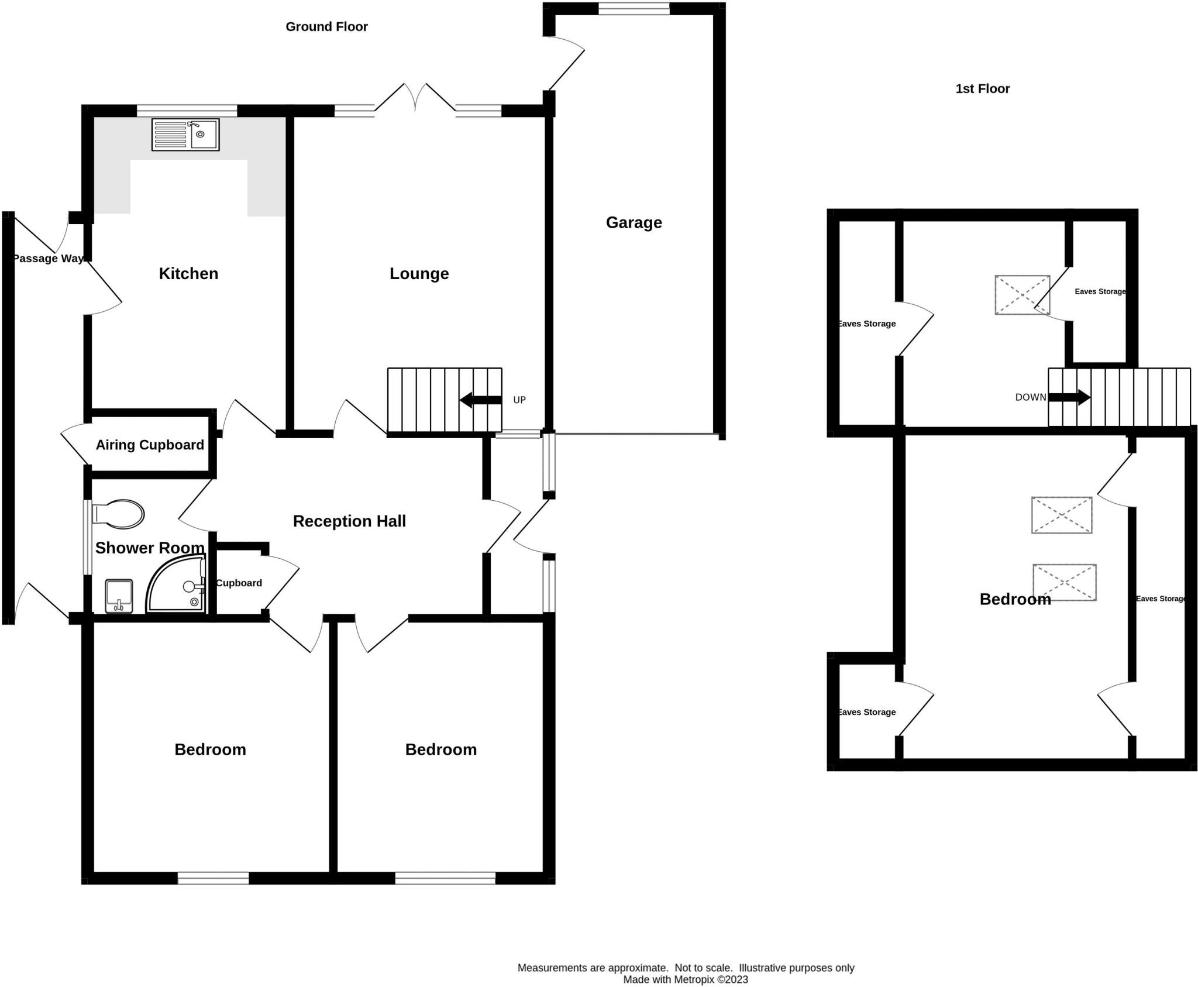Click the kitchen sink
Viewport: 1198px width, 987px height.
[x=185, y=135]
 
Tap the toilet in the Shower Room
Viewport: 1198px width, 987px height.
[x=118, y=514]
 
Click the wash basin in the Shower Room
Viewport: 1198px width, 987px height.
[x=119, y=596]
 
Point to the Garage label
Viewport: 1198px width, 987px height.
[x=634, y=222]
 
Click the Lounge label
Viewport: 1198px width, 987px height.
[x=419, y=273]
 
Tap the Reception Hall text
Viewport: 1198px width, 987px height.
[x=349, y=521]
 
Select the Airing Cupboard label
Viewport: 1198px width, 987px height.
[x=150, y=445]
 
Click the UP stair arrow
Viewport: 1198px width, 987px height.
[x=481, y=401]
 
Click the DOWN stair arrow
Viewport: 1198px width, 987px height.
[x=1069, y=398]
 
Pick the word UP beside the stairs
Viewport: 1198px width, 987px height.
[x=519, y=400]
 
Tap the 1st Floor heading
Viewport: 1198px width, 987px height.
[x=982, y=89]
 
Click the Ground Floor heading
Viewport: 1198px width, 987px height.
[x=326, y=27]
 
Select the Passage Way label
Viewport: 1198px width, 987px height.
[x=49, y=259]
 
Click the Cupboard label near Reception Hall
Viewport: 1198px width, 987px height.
[x=239, y=583]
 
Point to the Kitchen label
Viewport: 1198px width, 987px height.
[x=188, y=273]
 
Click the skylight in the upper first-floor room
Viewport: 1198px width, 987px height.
[x=1022, y=295]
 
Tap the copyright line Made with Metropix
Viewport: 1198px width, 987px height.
[x=686, y=979]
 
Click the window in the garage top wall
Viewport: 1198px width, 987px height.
[x=634, y=8]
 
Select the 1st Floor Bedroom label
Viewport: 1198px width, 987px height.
[x=1015, y=599]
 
